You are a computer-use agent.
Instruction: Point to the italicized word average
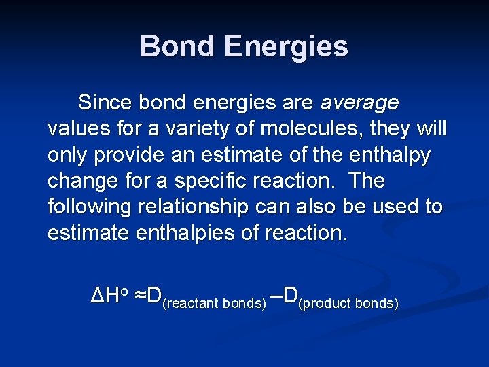coord(359,103)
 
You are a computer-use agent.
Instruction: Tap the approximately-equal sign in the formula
coord(139,295)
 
